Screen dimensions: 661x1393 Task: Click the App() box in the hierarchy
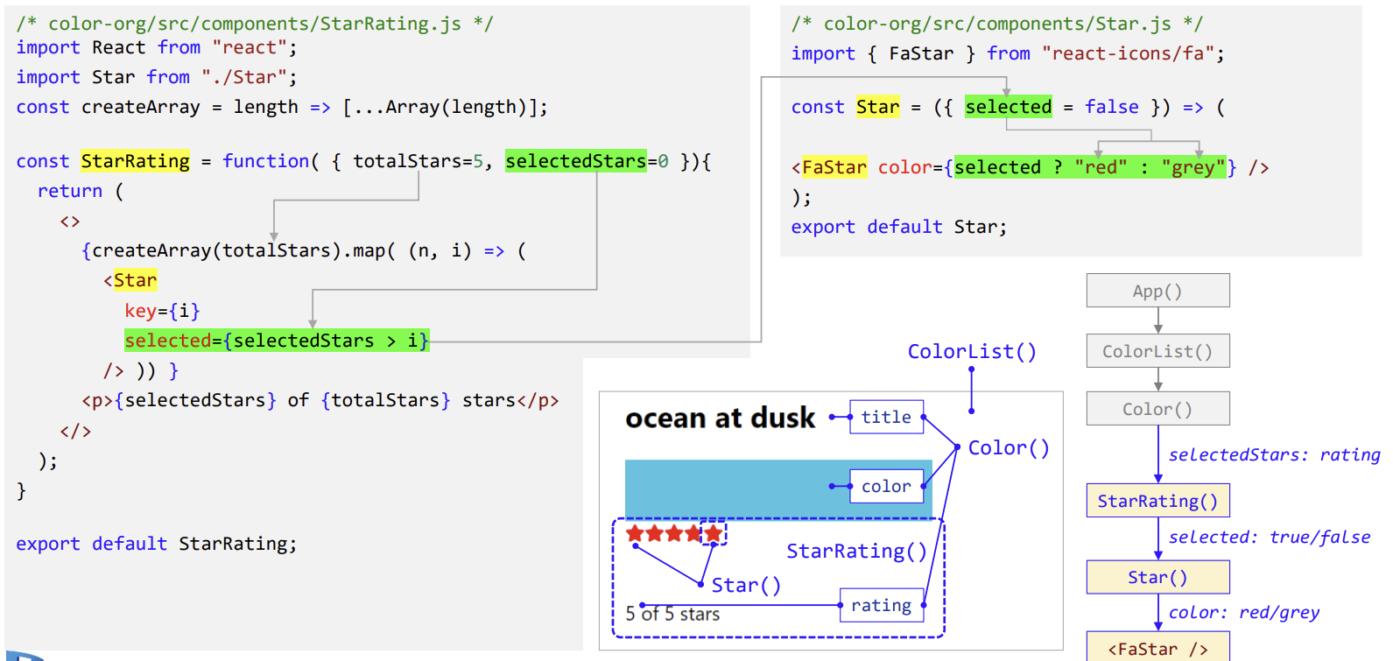[1157, 291]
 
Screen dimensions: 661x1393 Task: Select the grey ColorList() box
[1157, 351]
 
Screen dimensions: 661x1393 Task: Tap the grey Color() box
[1157, 409]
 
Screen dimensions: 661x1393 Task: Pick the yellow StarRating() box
[1157, 501]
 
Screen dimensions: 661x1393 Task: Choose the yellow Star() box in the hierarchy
[1157, 577]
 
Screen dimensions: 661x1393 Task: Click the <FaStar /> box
[1157, 648]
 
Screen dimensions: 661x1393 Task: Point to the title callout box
[886, 417]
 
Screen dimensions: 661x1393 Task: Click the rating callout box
[881, 605]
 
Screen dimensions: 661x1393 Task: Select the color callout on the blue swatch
[886, 486]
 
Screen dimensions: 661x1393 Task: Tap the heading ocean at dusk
[720, 418]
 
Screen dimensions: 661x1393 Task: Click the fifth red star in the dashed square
[714, 533]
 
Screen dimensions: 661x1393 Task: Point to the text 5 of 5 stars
[672, 614]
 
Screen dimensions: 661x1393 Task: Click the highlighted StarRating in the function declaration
[135, 161]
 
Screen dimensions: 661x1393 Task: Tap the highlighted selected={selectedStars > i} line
[276, 341]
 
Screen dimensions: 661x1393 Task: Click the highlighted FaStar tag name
[834, 167]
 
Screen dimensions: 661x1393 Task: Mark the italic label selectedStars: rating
[1274, 454]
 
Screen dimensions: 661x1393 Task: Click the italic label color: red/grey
[1244, 612]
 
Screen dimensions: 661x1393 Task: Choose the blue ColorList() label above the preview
[972, 351]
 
